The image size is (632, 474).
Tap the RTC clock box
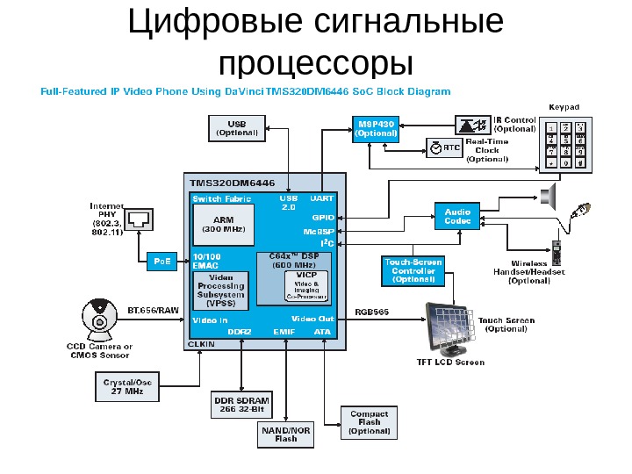[x=444, y=148]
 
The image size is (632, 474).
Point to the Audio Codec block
[x=457, y=217]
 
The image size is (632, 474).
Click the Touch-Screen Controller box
[x=413, y=270]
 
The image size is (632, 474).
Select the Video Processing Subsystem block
[x=221, y=291]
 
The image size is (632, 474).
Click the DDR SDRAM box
[x=241, y=405]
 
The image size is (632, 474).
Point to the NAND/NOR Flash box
[x=286, y=434]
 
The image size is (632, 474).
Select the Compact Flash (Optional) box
[x=370, y=422]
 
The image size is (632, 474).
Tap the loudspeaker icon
[x=550, y=197]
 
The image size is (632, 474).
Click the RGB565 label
[x=371, y=312]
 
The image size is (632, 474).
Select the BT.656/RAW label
[x=154, y=310]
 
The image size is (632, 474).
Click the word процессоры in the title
[x=315, y=63]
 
